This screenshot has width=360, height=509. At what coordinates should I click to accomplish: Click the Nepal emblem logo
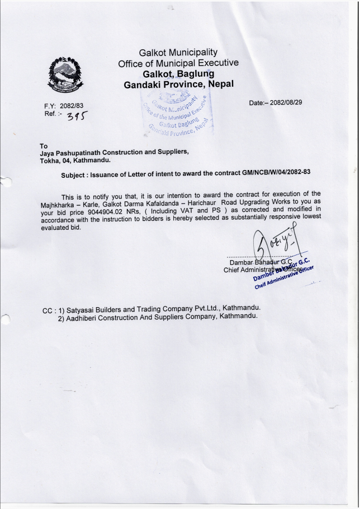(68, 75)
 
